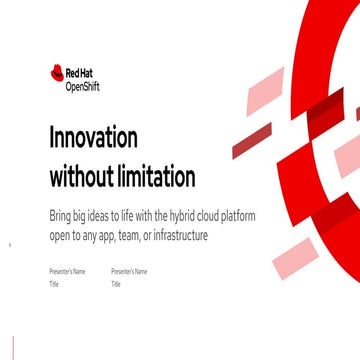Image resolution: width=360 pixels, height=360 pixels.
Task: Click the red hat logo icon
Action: coord(57,72)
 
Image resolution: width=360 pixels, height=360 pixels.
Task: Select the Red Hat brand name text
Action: coord(76,72)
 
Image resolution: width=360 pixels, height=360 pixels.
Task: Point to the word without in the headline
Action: coord(79,178)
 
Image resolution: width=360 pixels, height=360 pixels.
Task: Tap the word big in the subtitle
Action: coord(77,217)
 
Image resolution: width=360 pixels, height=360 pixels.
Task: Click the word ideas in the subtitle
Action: coord(95,217)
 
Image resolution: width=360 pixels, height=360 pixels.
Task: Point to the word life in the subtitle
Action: coord(123,217)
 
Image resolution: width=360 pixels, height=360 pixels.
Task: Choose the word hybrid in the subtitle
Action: coord(173,217)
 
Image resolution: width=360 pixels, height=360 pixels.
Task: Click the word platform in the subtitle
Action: coord(228,217)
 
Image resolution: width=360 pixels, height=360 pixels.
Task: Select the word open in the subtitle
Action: coord(59,235)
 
